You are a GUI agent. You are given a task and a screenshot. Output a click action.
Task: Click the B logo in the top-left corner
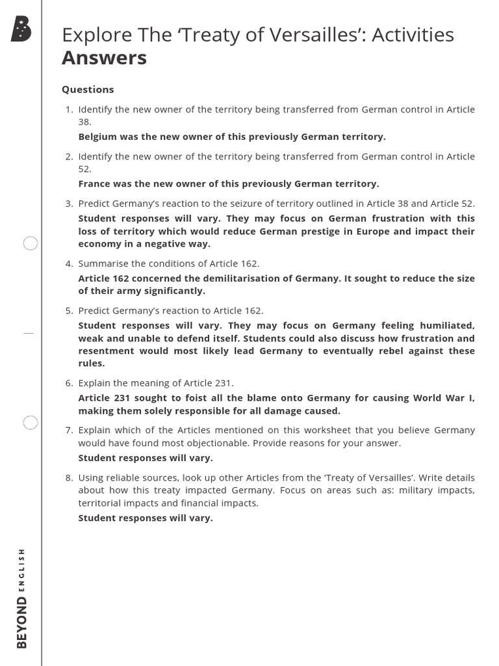(21, 29)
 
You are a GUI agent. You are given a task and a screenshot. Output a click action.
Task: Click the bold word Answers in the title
(104, 58)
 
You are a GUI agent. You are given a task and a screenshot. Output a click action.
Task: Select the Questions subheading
(88, 89)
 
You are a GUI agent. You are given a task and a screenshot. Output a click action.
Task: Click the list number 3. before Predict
(69, 204)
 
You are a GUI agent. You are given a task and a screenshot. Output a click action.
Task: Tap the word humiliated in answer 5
(448, 325)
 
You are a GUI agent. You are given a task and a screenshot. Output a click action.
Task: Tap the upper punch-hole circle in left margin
(31, 244)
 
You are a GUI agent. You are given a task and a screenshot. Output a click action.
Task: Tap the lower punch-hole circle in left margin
(31, 423)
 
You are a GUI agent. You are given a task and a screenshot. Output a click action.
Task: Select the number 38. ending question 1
(85, 122)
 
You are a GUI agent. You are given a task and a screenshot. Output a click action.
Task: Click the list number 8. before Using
(69, 477)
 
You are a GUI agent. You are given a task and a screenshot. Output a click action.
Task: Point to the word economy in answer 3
(99, 244)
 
